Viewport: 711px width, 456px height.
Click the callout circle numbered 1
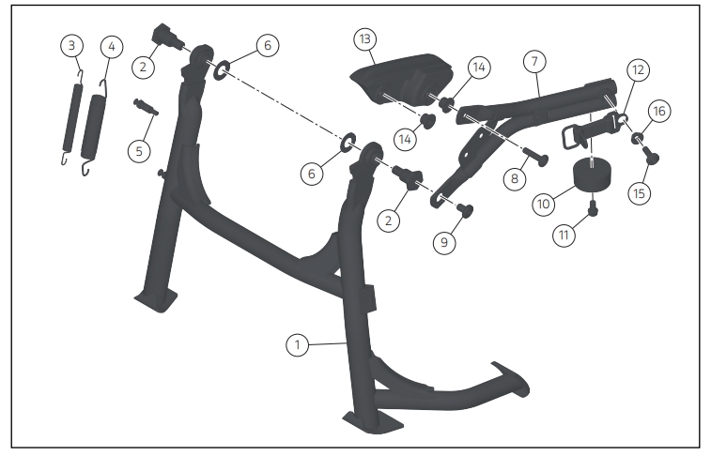(298, 345)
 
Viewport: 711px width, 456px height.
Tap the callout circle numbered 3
(71, 45)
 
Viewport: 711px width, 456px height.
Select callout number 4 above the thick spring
(112, 47)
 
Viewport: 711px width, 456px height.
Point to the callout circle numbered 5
(139, 151)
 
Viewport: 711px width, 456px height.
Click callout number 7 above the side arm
(534, 61)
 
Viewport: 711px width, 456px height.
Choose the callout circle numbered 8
(515, 178)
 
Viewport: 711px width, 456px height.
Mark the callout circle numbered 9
(444, 242)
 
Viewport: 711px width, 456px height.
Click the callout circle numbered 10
(543, 204)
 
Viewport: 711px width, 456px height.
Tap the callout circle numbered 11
(564, 235)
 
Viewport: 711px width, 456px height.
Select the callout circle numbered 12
(638, 69)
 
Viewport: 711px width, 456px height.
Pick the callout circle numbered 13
(365, 39)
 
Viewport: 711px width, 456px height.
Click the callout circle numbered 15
(639, 193)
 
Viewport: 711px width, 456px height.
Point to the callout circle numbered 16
(659, 111)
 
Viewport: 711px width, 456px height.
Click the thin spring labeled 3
(72, 117)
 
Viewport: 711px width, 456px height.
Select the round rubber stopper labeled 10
(593, 175)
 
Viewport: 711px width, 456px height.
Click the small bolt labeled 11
(593, 208)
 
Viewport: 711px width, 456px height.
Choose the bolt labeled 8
(536, 157)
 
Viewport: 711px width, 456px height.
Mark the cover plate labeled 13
(402, 79)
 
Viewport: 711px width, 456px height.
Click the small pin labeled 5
(146, 107)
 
